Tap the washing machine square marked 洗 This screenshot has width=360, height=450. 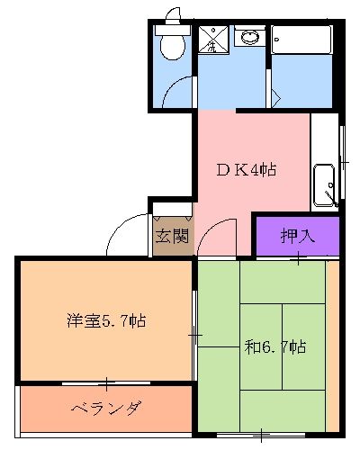click(x=212, y=40)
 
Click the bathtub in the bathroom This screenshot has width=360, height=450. click(x=302, y=41)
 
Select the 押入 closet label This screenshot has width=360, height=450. click(x=296, y=238)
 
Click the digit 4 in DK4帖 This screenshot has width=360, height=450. click(x=250, y=169)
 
